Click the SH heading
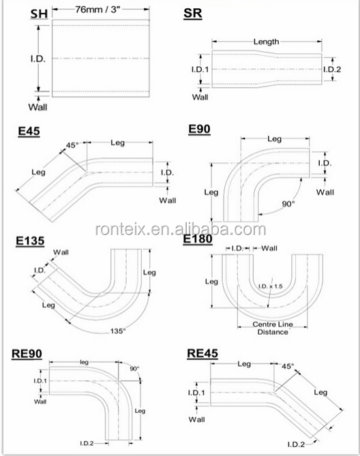click(40, 14)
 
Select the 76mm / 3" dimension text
click(97, 10)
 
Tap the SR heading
click(192, 14)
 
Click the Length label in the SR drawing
click(266, 42)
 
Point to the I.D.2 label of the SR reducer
click(332, 70)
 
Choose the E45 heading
click(29, 131)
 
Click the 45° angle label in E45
click(72, 145)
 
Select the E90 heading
click(199, 129)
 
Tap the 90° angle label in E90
click(288, 204)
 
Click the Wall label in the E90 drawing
click(325, 192)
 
